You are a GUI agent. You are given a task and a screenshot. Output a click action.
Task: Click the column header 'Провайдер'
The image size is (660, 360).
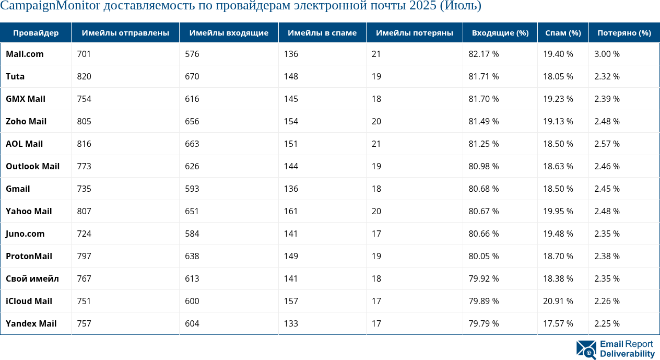36,33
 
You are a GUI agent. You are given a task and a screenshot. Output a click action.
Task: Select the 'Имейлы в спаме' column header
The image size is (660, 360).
322,33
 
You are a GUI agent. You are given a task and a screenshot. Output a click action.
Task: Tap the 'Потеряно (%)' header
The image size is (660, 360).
624,33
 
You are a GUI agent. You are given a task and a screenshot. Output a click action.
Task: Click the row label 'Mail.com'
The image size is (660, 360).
25,54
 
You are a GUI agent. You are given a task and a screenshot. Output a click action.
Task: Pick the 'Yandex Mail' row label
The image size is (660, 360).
31,323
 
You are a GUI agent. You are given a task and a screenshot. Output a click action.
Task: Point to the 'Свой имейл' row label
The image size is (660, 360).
32,278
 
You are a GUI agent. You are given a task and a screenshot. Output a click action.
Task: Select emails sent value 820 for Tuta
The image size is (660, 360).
84,76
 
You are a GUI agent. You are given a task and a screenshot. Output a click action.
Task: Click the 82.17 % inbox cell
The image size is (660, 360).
484,54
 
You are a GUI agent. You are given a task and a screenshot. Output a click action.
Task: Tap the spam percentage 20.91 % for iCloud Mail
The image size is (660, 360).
558,301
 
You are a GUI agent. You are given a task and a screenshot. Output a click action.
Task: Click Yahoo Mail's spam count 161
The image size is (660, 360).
291,211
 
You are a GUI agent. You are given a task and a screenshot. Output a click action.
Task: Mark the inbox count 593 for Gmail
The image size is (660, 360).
192,189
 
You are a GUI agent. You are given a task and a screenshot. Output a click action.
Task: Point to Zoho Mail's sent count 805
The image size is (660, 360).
84,121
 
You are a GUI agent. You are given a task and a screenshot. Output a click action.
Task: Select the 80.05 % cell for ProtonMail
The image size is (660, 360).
484,256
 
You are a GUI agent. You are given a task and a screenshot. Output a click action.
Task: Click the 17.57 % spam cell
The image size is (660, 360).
558,323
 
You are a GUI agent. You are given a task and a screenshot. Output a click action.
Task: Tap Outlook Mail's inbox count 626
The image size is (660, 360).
192,166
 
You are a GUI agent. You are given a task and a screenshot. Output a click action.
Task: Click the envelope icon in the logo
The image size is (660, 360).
586,350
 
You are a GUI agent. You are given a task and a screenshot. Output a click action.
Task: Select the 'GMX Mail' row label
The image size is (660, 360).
26,99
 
